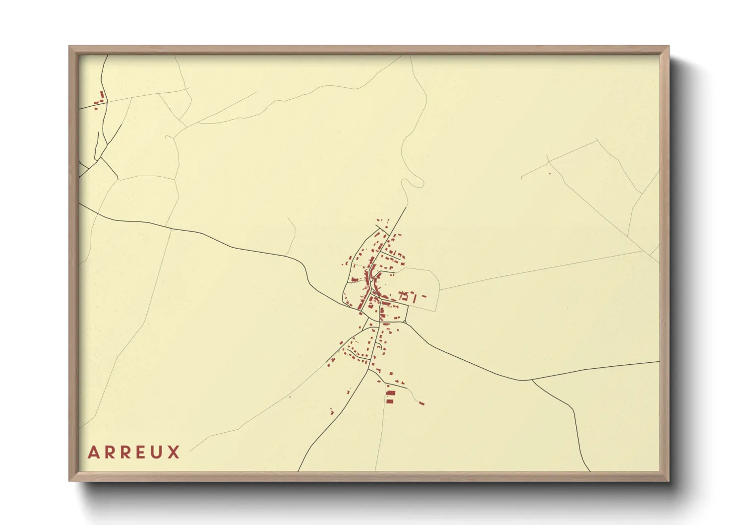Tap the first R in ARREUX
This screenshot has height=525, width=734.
[111, 452]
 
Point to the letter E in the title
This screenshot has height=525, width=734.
[142, 452]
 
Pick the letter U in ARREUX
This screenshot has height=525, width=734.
[158, 452]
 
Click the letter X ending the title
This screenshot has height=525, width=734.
[174, 452]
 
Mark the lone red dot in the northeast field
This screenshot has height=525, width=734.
[550, 174]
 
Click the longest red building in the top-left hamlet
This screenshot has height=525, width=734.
[103, 95]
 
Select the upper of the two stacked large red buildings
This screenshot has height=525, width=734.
[390, 393]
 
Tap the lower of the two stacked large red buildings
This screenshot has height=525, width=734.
[390, 400]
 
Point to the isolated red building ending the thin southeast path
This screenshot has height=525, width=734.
[422, 403]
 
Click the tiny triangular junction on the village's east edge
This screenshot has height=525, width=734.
[405, 323]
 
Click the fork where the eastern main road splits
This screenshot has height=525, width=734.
[532, 381]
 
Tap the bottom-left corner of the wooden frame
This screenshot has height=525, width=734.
[70, 480]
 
